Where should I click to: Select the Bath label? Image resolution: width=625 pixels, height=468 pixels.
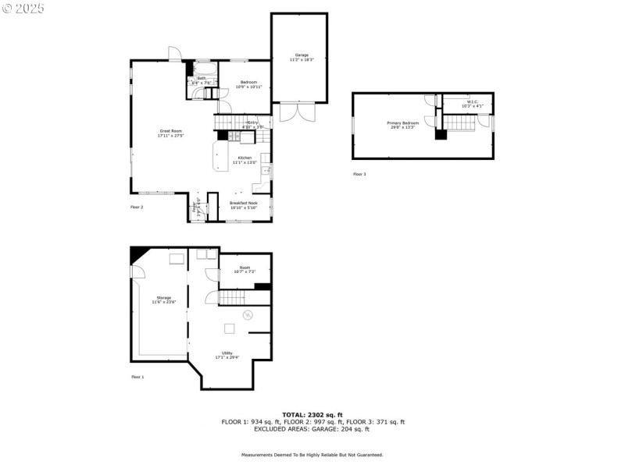click(x=202, y=79)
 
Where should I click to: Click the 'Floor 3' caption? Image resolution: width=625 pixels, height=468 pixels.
click(x=359, y=174)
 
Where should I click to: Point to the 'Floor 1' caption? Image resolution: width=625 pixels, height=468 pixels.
click(x=137, y=377)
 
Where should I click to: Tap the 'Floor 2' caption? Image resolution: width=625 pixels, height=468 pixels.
click(x=137, y=207)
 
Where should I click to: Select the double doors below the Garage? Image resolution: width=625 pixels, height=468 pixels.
click(x=298, y=111)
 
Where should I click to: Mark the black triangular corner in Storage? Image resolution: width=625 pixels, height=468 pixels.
click(x=138, y=254)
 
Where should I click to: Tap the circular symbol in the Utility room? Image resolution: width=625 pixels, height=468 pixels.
click(x=248, y=314)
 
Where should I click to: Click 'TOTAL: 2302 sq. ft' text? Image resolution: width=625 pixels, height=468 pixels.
click(x=312, y=415)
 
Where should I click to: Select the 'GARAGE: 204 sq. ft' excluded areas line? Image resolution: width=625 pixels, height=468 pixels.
click(x=312, y=429)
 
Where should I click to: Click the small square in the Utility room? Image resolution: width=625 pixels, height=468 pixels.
click(x=230, y=328)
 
